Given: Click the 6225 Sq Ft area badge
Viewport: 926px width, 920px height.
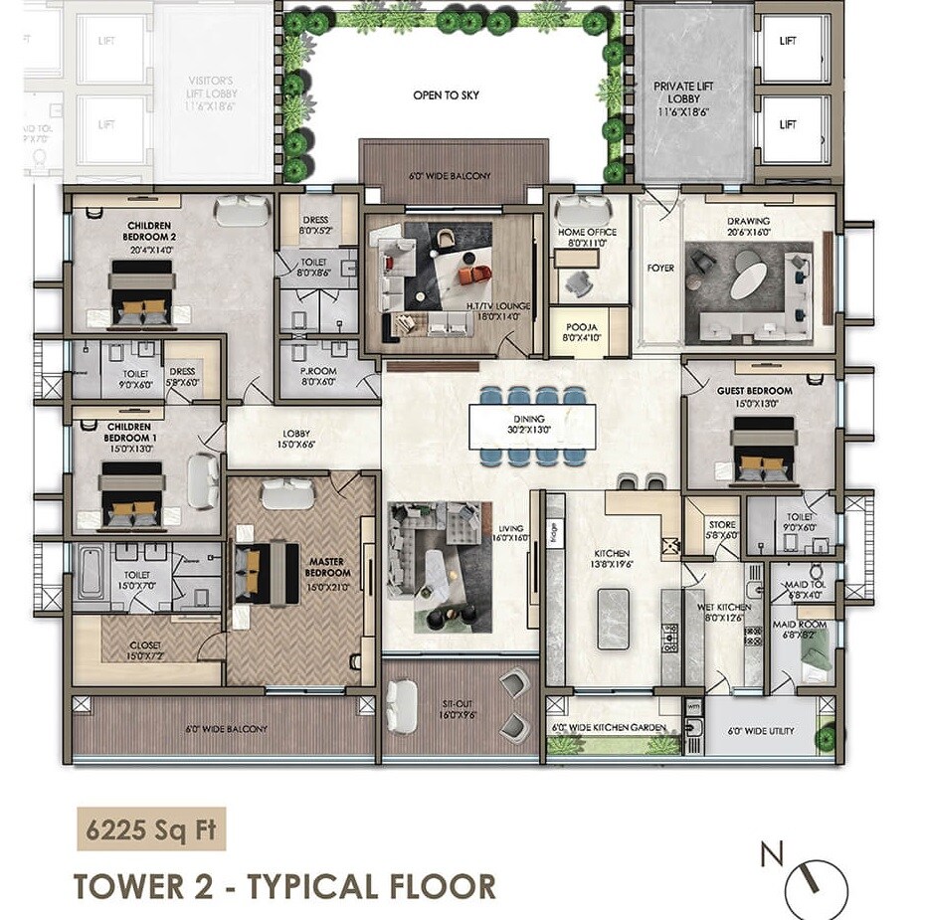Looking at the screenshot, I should coord(151,828).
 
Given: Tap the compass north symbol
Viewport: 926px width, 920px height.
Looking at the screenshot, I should coord(817,886).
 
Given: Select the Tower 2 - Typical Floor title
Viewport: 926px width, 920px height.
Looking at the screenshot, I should coord(284,885).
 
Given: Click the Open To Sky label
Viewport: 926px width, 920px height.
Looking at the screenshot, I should coord(446,95).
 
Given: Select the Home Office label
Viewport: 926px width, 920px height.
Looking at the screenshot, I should coord(587,238).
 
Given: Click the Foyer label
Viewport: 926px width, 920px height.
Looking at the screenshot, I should coord(660,269).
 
